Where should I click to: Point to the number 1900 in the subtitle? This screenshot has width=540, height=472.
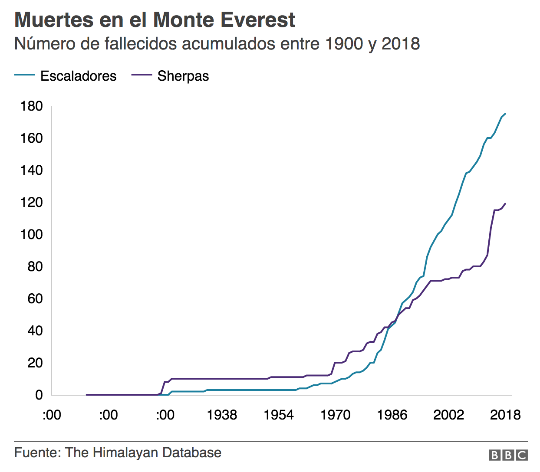point(344,44)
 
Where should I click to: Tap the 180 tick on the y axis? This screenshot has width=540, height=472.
point(32,106)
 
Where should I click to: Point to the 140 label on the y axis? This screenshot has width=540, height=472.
point(32,170)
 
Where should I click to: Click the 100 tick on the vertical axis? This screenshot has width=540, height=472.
point(32,234)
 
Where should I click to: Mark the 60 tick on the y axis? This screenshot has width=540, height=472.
point(35,298)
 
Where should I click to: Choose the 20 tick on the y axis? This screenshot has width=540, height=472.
point(35,363)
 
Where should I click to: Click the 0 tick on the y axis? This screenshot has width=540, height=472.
point(39,395)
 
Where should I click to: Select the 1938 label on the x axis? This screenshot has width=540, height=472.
point(222,415)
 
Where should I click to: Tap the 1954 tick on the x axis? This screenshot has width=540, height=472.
point(279,415)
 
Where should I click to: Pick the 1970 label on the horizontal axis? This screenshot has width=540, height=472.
point(335,415)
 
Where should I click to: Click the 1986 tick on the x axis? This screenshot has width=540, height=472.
point(392,415)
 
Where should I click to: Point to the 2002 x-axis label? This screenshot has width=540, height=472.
point(448,415)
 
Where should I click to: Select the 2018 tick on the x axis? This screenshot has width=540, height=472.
point(505,415)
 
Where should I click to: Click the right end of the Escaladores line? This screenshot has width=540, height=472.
point(505,114)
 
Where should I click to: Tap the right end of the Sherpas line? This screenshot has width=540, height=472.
point(505,203)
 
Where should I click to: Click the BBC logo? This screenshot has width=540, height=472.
point(508,455)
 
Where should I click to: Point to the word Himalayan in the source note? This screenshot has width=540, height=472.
point(125,453)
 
